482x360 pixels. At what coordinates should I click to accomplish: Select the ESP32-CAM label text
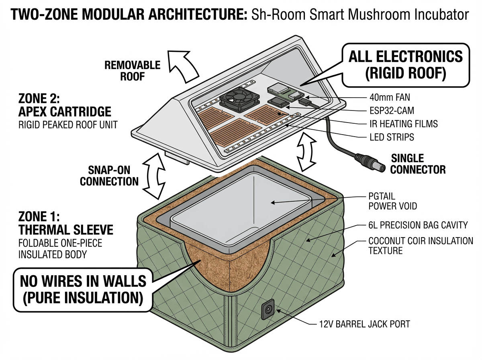[391, 110]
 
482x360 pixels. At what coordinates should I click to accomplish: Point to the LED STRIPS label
[392, 137]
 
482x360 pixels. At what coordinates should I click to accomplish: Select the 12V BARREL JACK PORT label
[364, 324]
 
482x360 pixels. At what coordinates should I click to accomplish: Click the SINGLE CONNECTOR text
[418, 164]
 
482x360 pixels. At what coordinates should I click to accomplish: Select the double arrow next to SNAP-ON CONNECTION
[154, 176]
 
